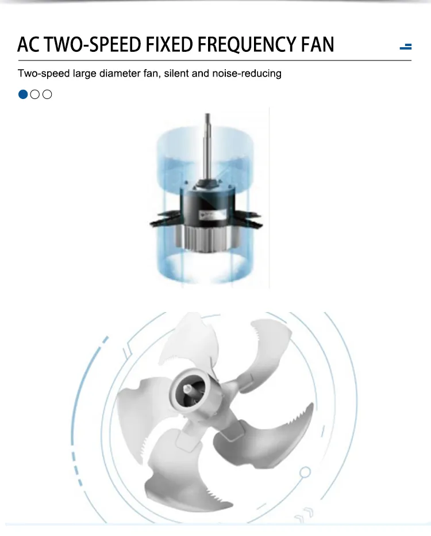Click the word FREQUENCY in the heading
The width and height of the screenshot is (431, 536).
[x=247, y=45]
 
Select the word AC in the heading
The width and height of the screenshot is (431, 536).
[x=28, y=44]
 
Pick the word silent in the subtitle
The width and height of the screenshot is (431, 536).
[x=176, y=74]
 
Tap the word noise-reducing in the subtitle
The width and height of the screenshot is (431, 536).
[x=247, y=74]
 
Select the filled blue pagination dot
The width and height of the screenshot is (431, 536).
[x=23, y=94]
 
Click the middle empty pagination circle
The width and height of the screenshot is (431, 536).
[x=35, y=94]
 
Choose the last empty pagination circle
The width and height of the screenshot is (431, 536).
[x=47, y=94]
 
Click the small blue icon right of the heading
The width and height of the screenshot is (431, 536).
[x=406, y=47]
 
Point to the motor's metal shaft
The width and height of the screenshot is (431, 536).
[x=207, y=147]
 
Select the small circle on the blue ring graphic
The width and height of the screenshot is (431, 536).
[x=305, y=473]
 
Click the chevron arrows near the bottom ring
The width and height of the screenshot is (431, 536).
[x=305, y=515]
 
